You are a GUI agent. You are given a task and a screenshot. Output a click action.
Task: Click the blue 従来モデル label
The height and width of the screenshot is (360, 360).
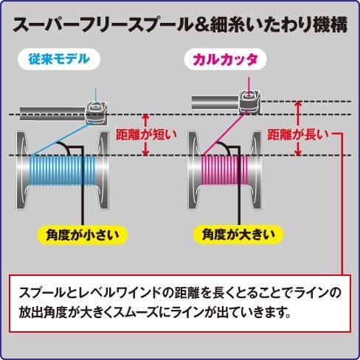click(x=59, y=59)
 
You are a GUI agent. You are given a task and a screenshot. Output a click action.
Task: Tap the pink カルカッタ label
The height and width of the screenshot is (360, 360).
click(x=225, y=59)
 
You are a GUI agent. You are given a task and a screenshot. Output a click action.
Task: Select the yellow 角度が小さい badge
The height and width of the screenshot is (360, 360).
click(x=82, y=235)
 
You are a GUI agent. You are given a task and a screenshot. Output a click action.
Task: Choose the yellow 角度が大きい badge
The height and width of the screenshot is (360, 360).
click(x=238, y=235)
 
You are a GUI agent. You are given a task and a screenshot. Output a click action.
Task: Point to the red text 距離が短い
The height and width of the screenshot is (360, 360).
click(x=146, y=134)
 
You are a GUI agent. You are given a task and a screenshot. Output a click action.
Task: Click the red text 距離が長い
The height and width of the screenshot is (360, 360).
click(x=298, y=134)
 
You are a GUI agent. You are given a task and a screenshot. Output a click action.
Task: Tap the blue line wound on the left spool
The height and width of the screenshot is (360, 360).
click(x=62, y=170)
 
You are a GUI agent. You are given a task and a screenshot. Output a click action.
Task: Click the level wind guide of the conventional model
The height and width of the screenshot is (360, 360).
click(x=97, y=114)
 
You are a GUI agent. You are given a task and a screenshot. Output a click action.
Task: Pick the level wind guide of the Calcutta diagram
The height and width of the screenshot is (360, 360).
click(x=250, y=102)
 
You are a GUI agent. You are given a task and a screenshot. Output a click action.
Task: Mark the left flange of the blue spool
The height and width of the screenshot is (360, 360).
click(x=21, y=170)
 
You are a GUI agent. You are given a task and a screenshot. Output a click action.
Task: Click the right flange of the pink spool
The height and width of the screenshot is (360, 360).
click(x=255, y=170)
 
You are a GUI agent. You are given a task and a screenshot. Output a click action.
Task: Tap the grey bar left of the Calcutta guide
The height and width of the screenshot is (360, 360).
click(x=215, y=103)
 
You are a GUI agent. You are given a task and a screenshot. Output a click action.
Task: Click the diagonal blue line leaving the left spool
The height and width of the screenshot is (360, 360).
click(x=60, y=139)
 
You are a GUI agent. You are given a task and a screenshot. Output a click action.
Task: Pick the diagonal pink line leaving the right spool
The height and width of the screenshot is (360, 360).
click(x=224, y=134)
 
